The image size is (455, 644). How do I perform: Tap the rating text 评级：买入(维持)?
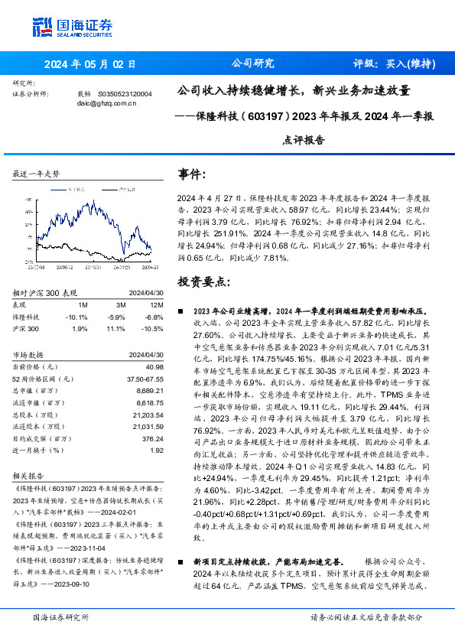click(395, 65)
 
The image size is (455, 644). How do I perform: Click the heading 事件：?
click(192, 175)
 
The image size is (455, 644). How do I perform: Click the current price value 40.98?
click(154, 367)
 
